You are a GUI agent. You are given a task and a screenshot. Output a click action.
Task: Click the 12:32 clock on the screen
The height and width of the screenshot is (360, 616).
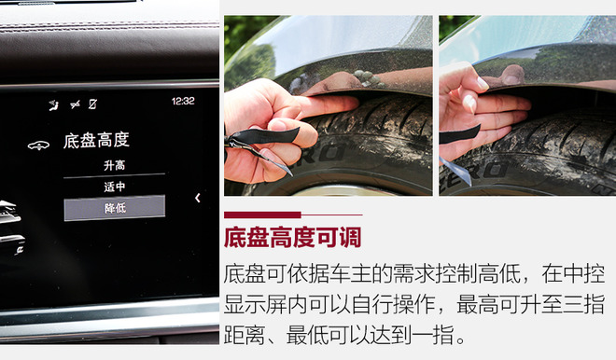pyautogui.click(x=183, y=102)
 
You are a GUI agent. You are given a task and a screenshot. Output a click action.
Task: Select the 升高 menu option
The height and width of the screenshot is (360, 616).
pyautogui.click(x=114, y=165)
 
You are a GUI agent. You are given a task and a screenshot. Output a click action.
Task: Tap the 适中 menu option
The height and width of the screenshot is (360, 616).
pyautogui.click(x=114, y=187)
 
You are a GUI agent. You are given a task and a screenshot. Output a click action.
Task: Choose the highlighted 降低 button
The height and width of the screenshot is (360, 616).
pyautogui.click(x=114, y=208)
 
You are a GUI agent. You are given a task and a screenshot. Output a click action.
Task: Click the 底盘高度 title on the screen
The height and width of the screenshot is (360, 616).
pyautogui.click(x=96, y=140)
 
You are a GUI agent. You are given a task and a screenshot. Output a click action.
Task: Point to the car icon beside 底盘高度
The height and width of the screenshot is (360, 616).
pyautogui.click(x=38, y=145)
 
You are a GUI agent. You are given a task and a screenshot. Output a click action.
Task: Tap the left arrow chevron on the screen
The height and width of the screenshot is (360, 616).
pyautogui.click(x=198, y=198)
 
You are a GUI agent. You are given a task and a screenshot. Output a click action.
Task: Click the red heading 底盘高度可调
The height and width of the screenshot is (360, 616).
pyautogui.click(x=292, y=237)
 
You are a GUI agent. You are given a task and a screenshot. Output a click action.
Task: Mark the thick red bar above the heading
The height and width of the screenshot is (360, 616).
pyautogui.click(x=262, y=215)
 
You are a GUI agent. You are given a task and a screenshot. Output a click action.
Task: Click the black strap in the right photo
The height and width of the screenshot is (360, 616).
pyautogui.click(x=459, y=134)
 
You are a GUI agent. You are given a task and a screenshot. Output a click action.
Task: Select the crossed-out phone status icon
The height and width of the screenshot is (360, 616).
pyautogui.click(x=92, y=104)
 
